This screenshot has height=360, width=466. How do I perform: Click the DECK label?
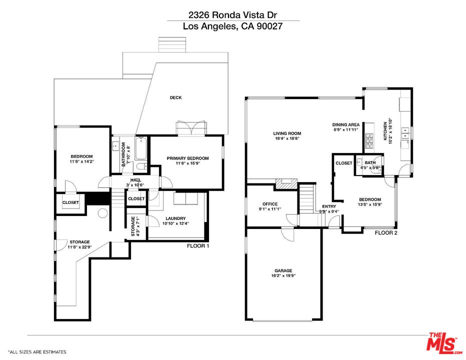pos(175,97)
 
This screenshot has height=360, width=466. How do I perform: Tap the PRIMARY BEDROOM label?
pos(188,158)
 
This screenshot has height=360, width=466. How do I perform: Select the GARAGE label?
pos(283,270)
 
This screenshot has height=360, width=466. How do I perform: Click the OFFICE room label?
pos(270,204)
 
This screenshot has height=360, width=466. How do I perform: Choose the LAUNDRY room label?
pos(173,218)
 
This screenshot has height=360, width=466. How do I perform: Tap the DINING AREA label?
pos(346,124)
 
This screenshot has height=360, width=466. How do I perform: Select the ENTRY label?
pos(329,206)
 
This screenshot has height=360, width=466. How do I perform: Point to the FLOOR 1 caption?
pos(198,246)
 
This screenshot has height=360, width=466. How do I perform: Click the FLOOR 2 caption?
pos(386,233)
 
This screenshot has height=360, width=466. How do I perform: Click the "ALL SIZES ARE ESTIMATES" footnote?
pos(37,352)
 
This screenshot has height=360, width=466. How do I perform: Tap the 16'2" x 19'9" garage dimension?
pos(283,276)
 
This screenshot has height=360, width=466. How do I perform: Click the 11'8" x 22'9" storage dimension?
pos(79,247)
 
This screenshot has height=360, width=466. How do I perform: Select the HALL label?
pos(135,180)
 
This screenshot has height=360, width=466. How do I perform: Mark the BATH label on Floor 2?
pos(370,162)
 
